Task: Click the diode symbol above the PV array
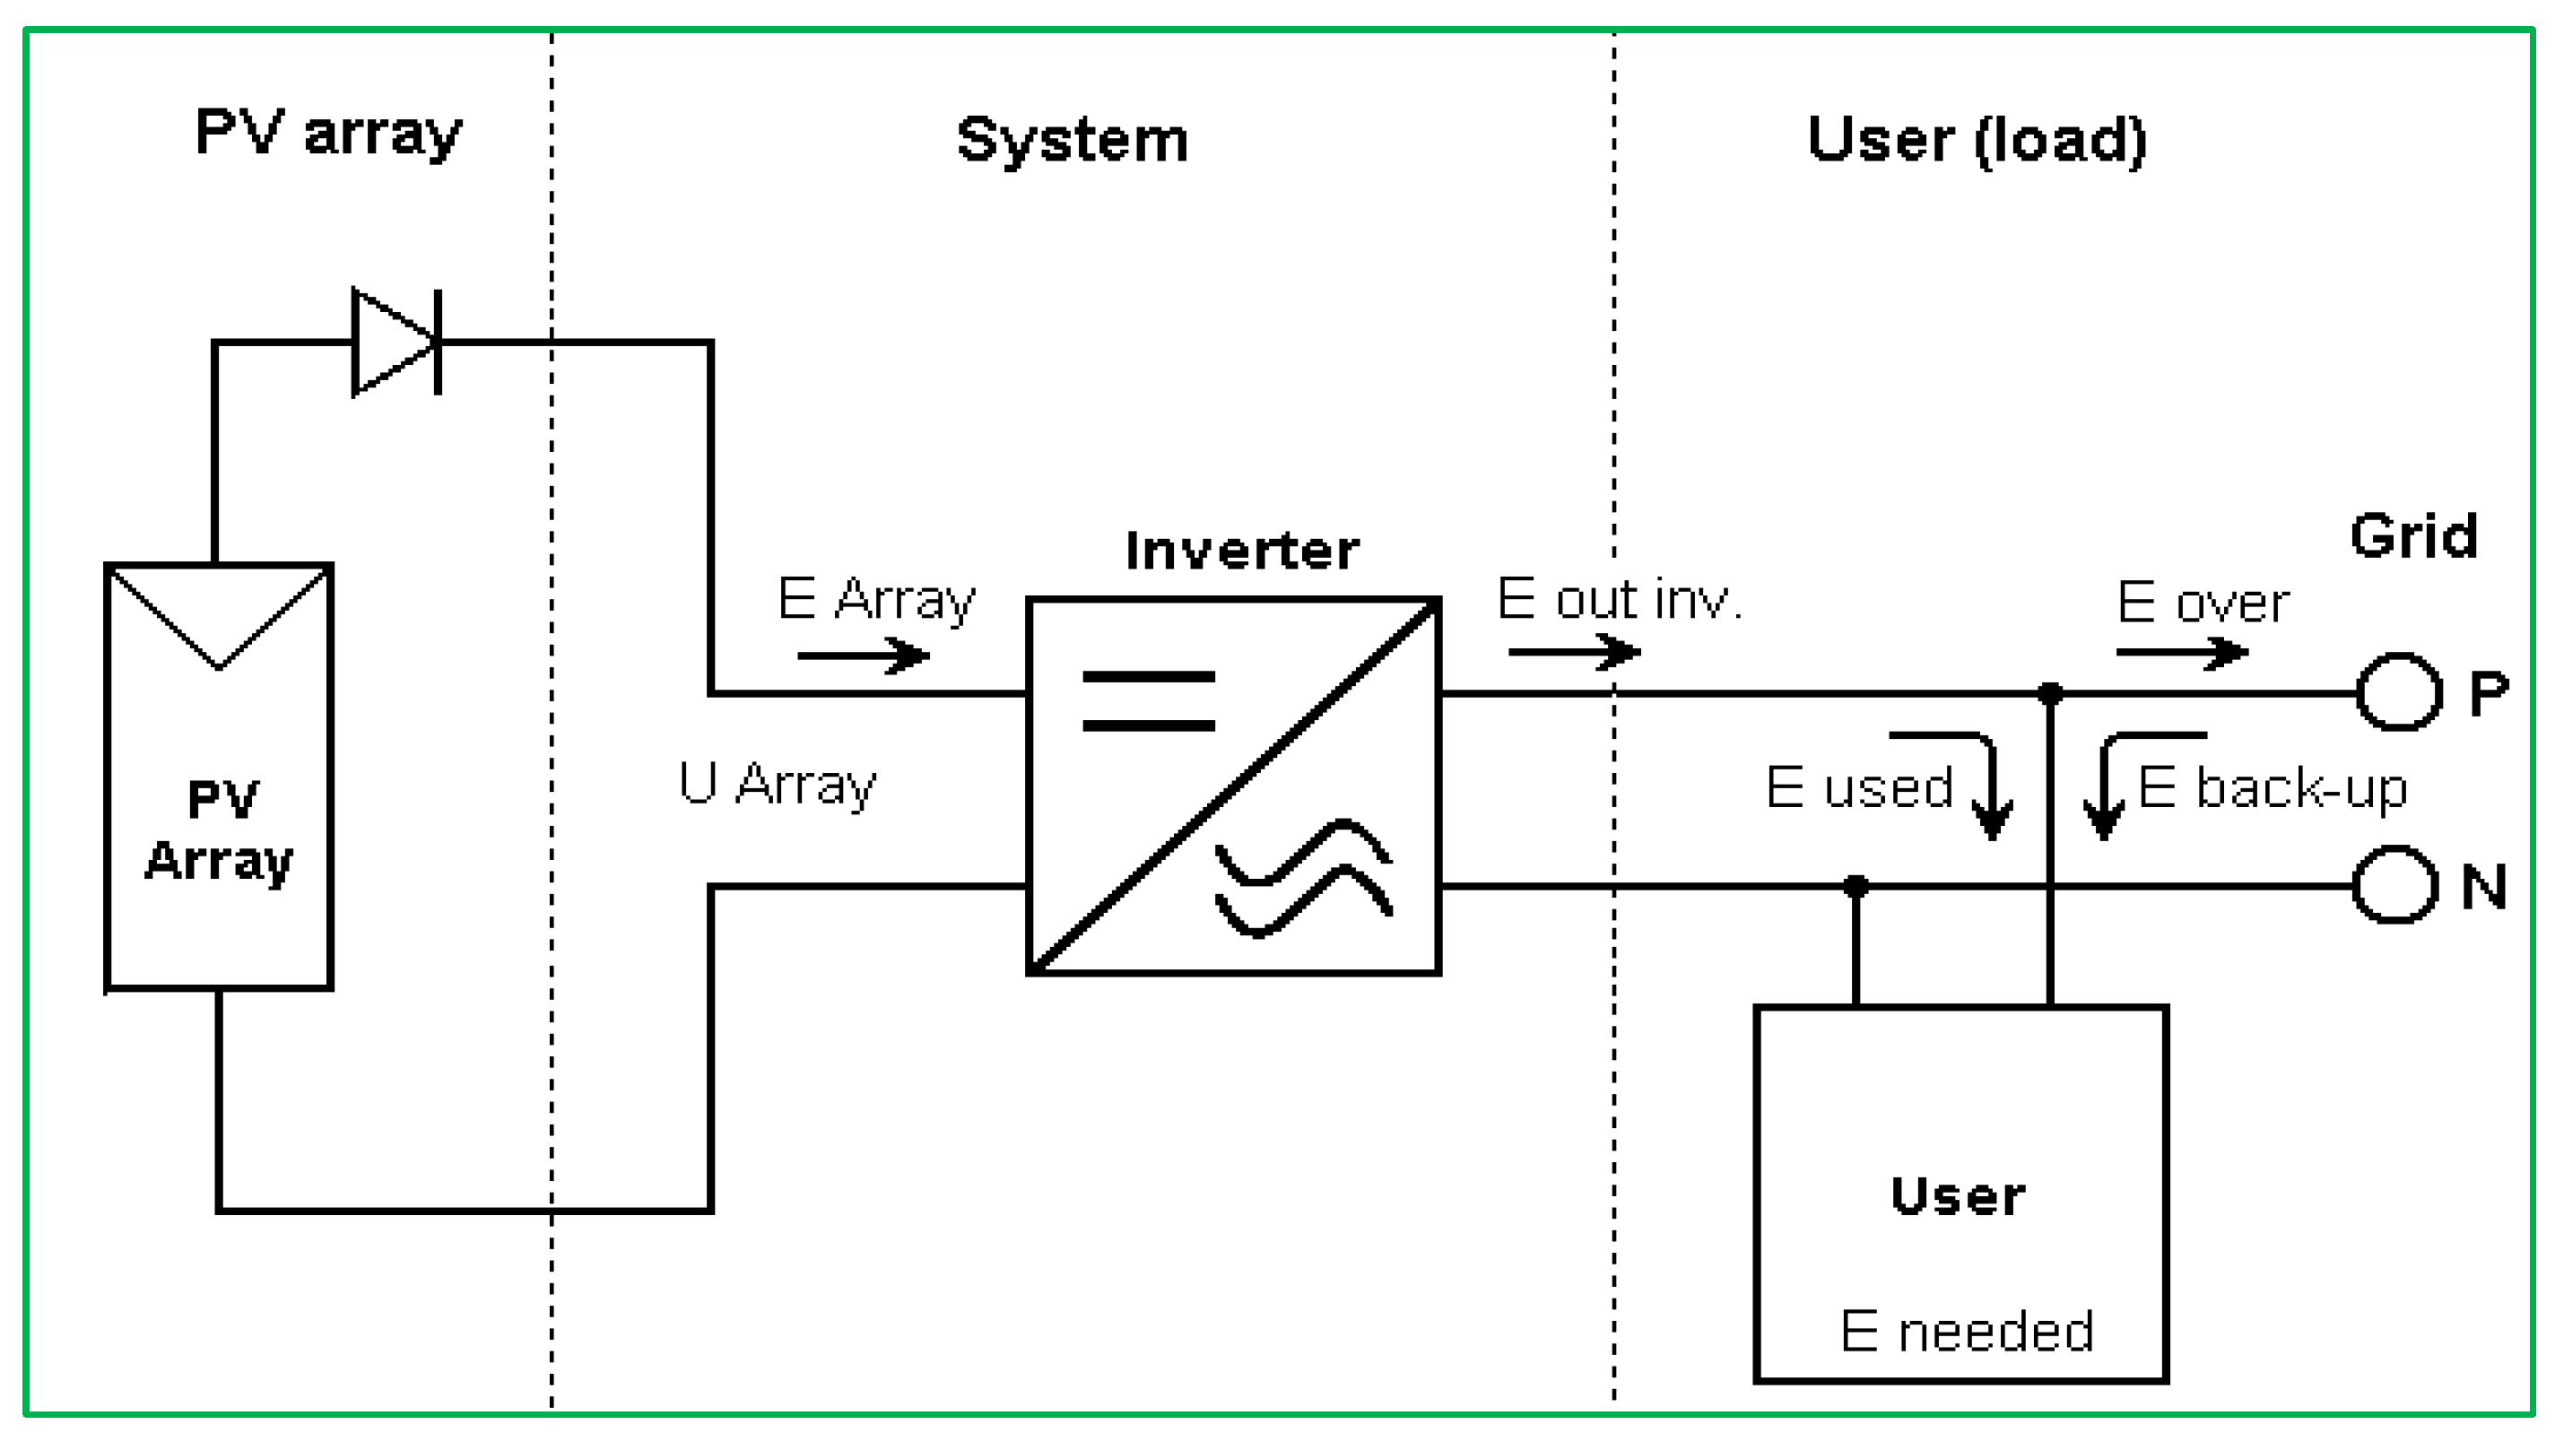coord(396,343)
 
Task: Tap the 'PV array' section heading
coord(328,133)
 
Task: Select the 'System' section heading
coord(1073,140)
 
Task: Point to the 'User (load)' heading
coord(1977,140)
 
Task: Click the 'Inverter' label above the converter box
coord(1242,551)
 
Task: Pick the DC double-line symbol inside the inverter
coord(1149,700)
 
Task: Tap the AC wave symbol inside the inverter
coord(1304,878)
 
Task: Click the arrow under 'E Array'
coord(863,656)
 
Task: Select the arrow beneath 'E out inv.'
coord(1574,652)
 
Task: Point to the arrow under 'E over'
coord(2182,653)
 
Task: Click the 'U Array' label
coord(777,785)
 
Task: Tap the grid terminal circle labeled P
coord(2398,692)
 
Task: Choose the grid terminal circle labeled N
coord(2395,884)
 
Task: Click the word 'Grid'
coord(2413,536)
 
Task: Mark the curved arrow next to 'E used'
coord(1956,786)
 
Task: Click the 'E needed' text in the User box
coord(1967,1331)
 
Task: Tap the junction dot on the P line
coord(2050,692)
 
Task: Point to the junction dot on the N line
coord(1855,886)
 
